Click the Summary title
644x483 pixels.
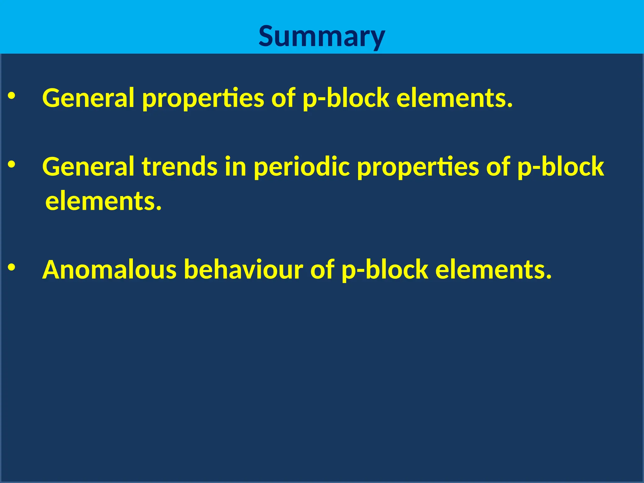click(x=322, y=36)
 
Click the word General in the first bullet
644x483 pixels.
click(x=88, y=98)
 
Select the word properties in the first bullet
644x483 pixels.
click(x=203, y=98)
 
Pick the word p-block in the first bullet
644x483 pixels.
click(x=346, y=98)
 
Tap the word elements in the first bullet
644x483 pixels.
click(x=454, y=98)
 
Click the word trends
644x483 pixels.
click(x=180, y=166)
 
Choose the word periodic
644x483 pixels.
click(x=302, y=167)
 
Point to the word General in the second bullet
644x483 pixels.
click(x=88, y=166)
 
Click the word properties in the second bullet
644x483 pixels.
click(x=418, y=167)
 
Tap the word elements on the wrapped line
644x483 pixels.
click(x=103, y=201)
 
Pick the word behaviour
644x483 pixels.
click(x=243, y=269)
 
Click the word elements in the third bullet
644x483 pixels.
click(x=493, y=269)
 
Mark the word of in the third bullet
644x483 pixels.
click(x=322, y=269)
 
